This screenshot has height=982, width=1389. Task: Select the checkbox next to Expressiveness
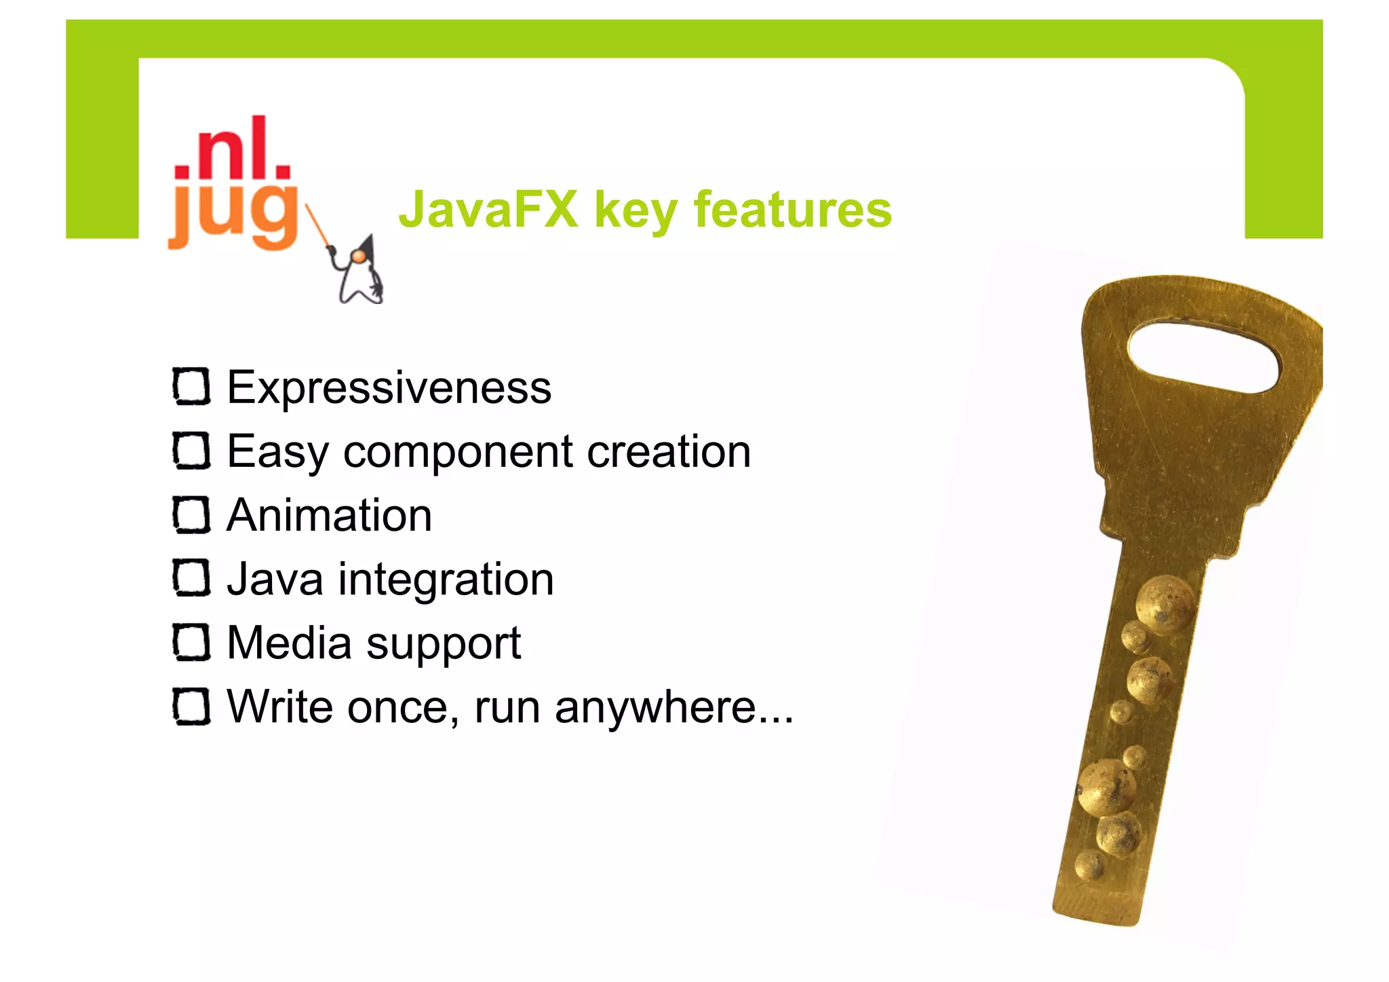[191, 387]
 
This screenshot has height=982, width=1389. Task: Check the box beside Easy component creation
[191, 451]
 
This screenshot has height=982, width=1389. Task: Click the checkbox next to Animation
[191, 515]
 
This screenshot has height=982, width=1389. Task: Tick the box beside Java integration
[191, 579]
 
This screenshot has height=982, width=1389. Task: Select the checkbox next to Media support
[191, 643]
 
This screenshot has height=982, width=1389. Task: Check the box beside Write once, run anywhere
[191, 706]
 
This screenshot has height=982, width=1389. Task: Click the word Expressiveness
[389, 388]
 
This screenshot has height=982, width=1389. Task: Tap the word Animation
[329, 515]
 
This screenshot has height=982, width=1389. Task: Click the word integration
[446, 580]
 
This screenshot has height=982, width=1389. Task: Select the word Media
[289, 643]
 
